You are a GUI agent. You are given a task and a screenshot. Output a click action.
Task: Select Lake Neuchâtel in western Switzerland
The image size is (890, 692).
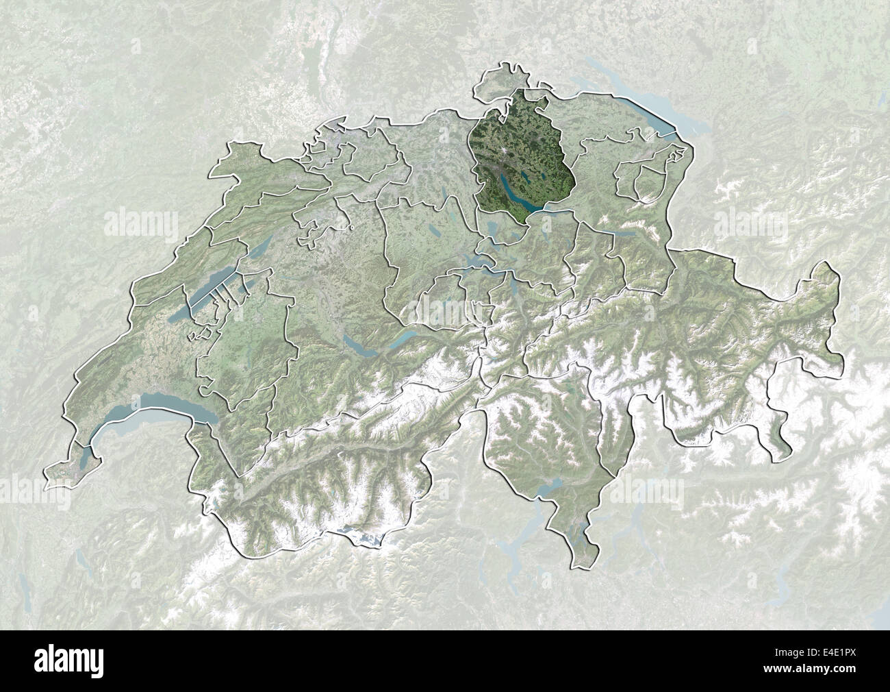coord(205,298)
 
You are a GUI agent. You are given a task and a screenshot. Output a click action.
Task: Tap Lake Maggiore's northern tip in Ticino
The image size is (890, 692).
coord(544,488)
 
